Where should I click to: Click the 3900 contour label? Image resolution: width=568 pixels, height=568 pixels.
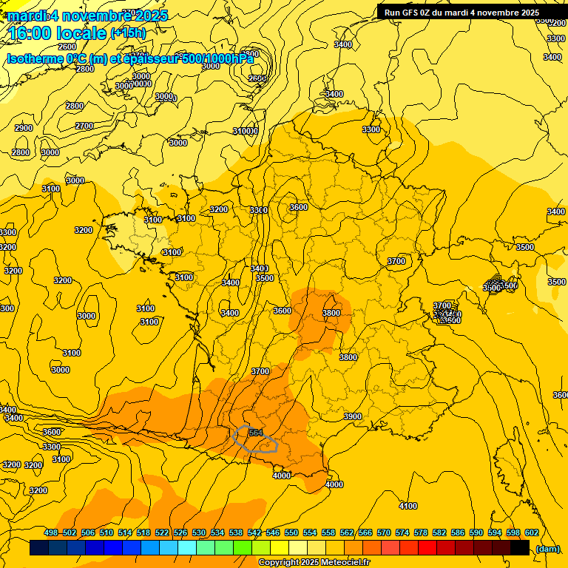point(353,416)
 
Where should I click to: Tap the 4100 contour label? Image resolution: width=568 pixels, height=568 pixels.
point(408,506)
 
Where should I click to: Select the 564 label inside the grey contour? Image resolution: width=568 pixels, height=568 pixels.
point(256,433)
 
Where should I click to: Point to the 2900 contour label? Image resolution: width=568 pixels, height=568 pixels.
point(24,128)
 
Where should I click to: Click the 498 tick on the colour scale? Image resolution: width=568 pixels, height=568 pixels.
point(51,532)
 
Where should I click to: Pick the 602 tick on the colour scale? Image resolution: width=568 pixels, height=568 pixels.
point(531,532)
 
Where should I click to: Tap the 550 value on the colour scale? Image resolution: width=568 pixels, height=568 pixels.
point(291,532)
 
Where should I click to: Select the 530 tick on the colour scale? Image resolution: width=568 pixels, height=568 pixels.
point(199,532)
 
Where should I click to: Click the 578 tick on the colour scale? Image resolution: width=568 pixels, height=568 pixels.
point(420,532)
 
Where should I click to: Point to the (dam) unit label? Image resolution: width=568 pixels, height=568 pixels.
point(547,548)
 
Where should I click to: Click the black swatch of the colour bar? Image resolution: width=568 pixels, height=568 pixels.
point(519,548)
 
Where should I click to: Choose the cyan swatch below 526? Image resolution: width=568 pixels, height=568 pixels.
point(187,548)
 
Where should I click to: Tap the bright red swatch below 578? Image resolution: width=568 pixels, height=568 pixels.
point(427,548)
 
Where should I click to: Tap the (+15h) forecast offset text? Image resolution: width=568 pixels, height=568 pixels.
point(129,33)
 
